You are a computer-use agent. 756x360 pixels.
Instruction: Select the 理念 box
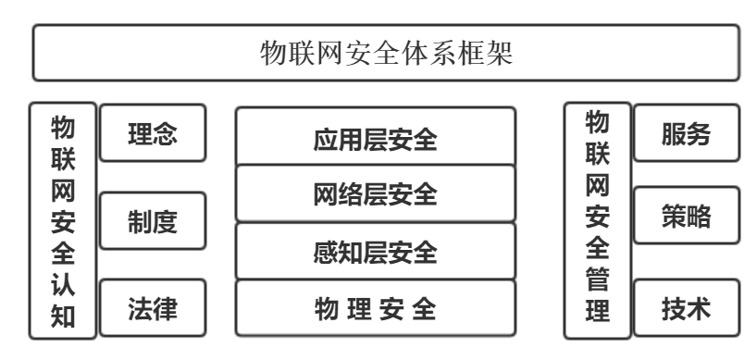pos(152,134)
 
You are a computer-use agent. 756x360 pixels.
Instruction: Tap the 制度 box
pos(152,222)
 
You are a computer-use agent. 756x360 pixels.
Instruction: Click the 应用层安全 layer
pos(375,140)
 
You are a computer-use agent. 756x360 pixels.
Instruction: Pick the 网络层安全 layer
pos(375,195)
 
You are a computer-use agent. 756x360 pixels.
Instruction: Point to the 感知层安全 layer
pos(375,252)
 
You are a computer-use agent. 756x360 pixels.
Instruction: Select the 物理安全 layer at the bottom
pos(375,308)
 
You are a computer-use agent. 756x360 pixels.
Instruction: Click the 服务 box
pos(686,133)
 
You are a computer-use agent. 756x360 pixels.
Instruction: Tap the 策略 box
pos(686,221)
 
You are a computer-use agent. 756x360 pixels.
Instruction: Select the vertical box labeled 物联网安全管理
pos(597,222)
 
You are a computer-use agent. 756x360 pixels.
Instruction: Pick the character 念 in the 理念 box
pos(165,134)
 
